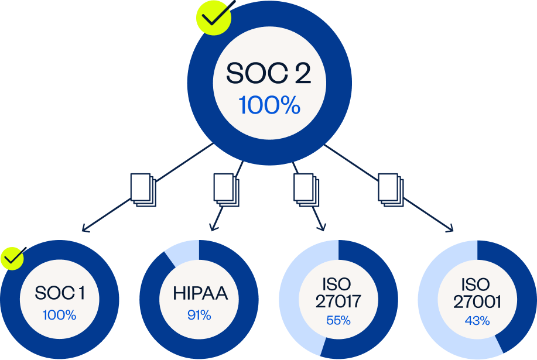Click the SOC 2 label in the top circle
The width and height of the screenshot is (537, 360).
click(269, 74)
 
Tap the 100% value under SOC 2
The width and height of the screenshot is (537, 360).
click(269, 105)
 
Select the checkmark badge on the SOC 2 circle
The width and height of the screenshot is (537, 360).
click(214, 18)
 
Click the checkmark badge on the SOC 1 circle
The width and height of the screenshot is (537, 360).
click(12, 258)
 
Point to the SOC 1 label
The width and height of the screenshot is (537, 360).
click(60, 293)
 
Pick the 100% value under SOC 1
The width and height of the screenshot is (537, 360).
click(60, 315)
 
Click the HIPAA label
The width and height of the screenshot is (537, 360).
click(199, 293)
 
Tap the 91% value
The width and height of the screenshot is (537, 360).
click(199, 315)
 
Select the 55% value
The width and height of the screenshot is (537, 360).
click(338, 320)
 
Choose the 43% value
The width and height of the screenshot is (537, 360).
click(478, 320)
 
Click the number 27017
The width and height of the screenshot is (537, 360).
click(338, 301)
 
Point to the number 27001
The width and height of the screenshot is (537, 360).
click(478, 301)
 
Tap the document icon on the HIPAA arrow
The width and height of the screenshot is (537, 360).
click(225, 188)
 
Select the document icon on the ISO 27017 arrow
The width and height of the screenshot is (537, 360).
click(305, 188)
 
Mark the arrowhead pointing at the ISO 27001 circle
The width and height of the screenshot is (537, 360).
click(453, 229)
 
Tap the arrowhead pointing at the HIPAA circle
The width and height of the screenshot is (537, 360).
click(212, 228)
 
